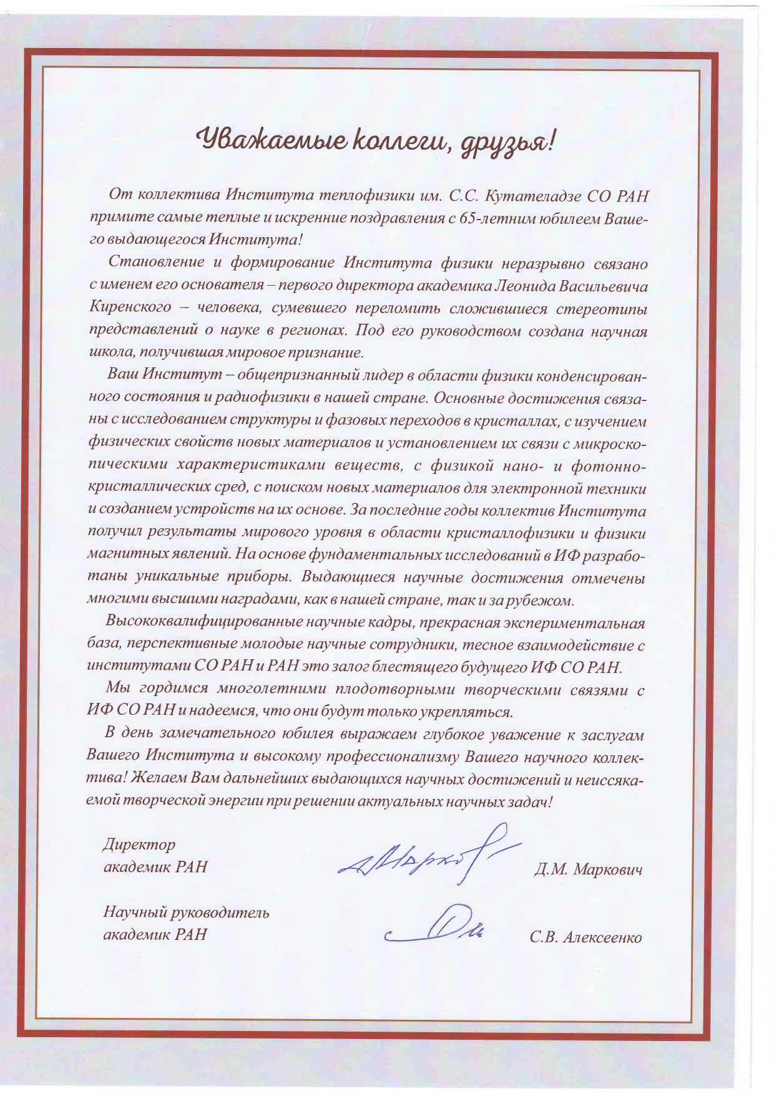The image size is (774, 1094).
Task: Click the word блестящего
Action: click(413, 667)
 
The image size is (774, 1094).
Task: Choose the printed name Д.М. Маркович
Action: click(588, 869)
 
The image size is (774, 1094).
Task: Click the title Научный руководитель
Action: click(186, 913)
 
